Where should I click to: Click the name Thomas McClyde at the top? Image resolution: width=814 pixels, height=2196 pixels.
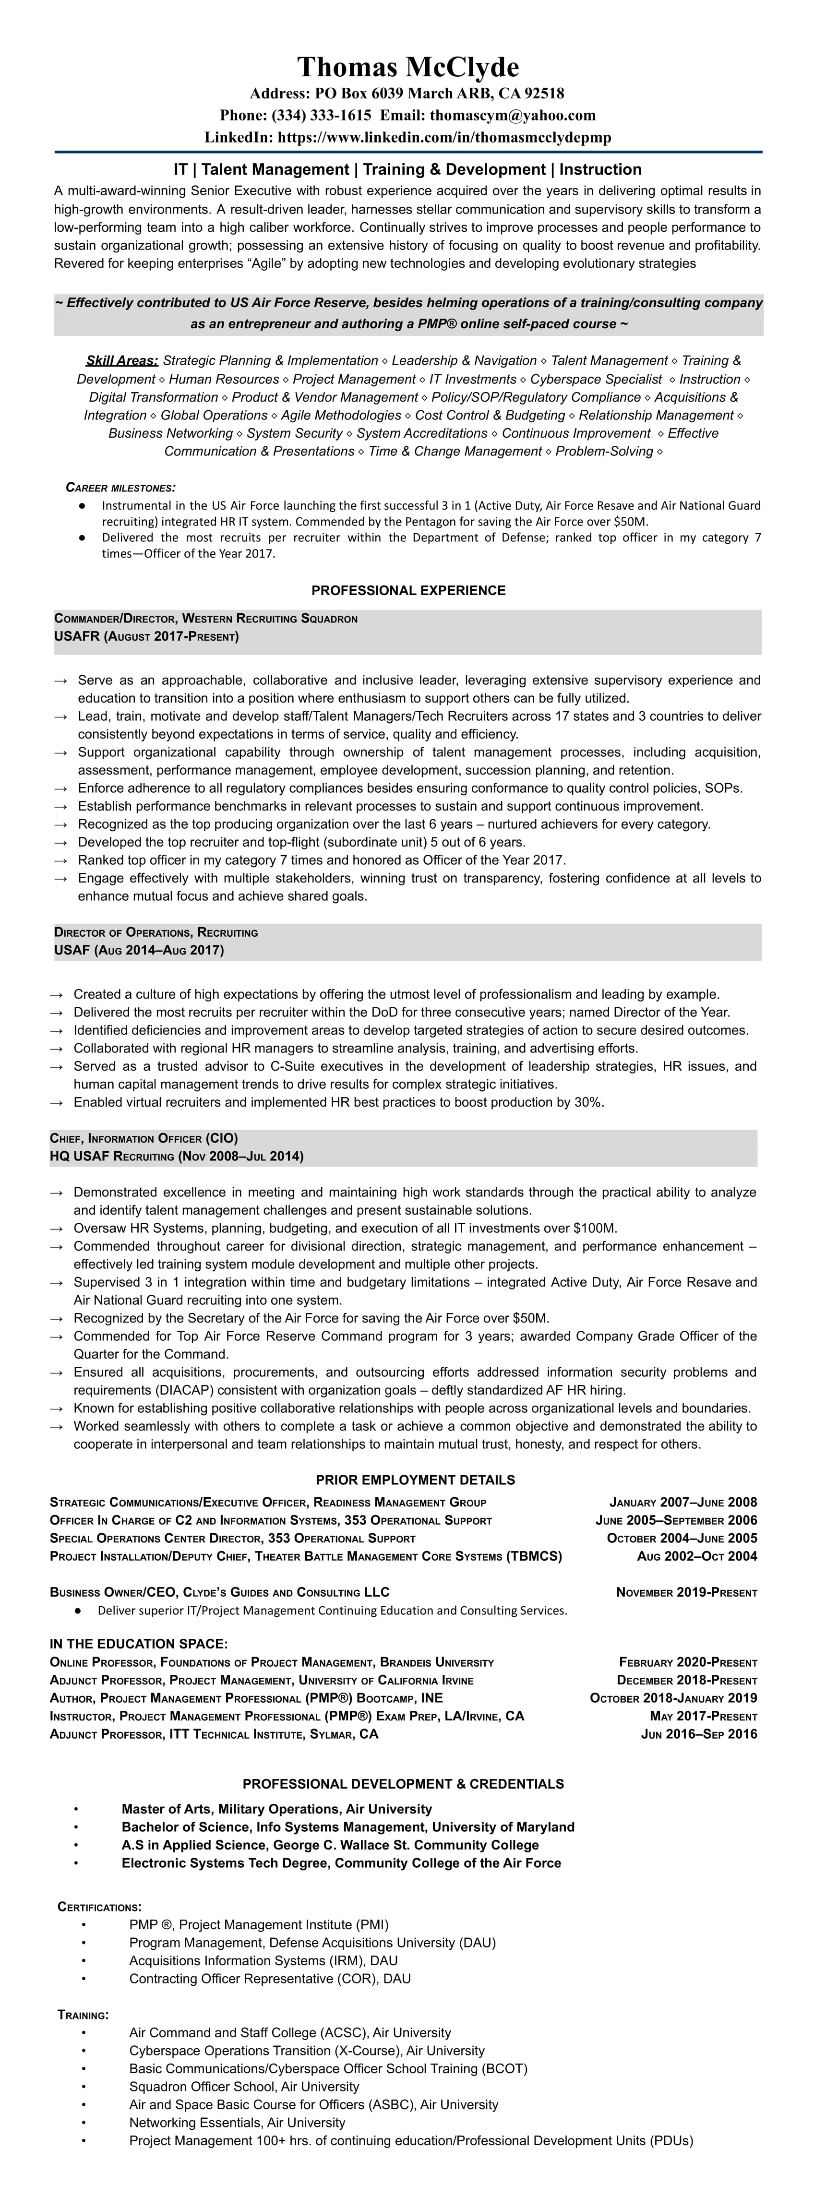(x=407, y=67)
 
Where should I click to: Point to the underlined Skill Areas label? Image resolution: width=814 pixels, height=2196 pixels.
(x=122, y=360)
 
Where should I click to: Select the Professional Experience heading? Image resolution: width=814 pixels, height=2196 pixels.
(x=407, y=590)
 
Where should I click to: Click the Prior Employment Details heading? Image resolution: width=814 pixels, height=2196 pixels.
(x=415, y=1480)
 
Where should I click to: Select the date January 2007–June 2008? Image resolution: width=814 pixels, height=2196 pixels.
(x=683, y=1502)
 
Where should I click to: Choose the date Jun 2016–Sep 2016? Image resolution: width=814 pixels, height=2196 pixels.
(x=699, y=1734)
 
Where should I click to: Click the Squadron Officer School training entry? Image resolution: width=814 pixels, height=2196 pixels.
(x=244, y=2086)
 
